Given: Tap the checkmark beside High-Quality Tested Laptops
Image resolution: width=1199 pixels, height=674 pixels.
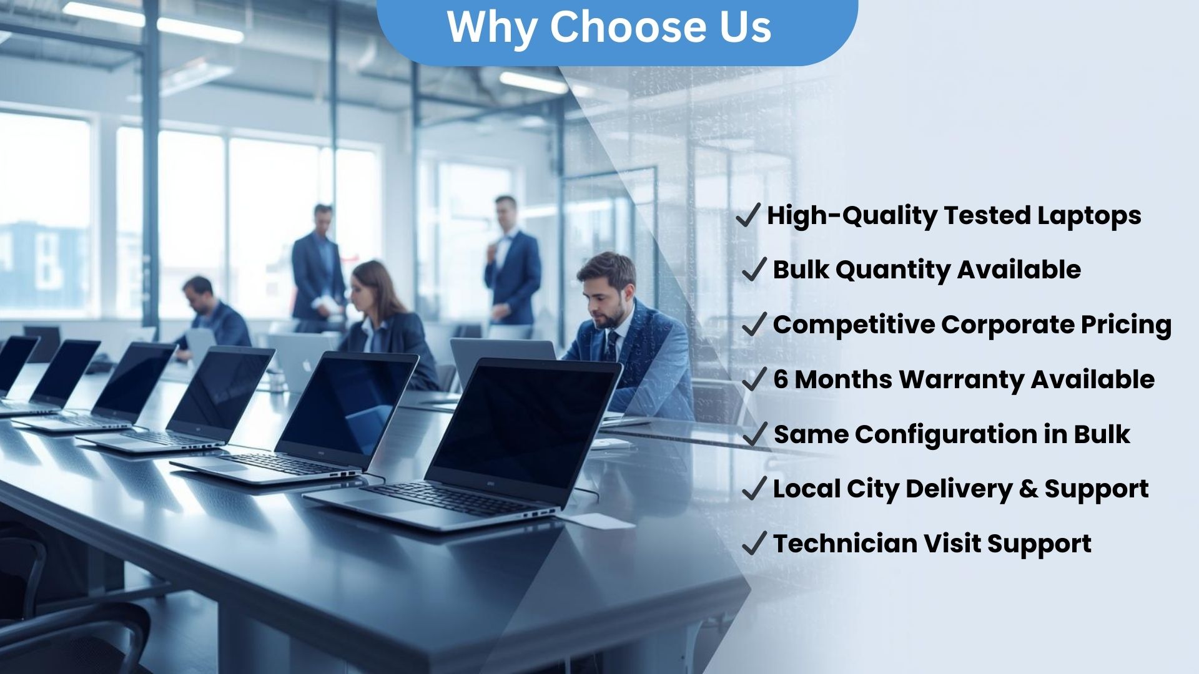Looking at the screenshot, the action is pos(748,215).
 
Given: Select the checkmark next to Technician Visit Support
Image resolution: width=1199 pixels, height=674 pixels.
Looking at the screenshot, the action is pos(754,544).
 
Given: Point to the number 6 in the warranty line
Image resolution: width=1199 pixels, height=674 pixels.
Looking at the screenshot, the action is pos(781,379).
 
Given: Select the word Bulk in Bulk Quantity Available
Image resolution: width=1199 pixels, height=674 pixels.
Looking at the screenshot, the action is pos(800,270).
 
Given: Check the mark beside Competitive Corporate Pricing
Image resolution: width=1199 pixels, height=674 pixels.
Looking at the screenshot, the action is pos(754,325).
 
